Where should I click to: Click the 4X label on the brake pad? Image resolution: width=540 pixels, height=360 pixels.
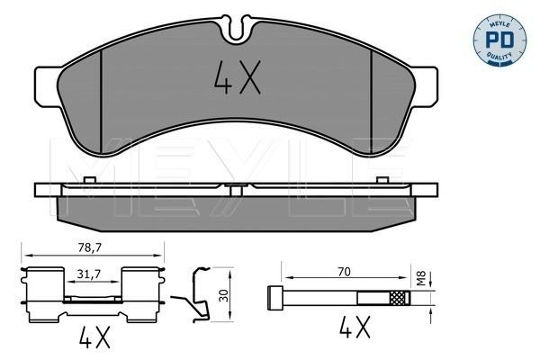coord(237,80)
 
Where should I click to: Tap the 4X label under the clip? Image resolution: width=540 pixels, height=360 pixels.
coord(94,339)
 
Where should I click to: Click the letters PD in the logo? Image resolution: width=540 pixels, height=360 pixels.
coord(500,38)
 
